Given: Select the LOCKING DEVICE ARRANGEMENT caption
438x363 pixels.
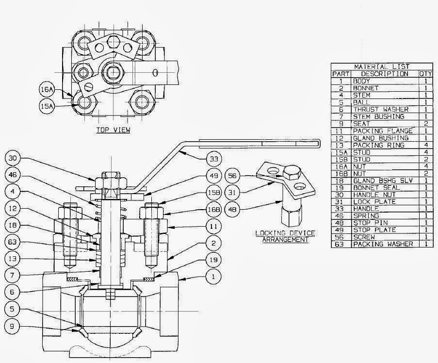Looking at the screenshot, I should (284, 236).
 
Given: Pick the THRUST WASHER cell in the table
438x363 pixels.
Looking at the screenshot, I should (381, 110).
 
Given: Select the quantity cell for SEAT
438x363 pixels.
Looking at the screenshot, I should (425, 124).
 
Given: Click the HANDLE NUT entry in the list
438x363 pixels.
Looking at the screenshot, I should (374, 195).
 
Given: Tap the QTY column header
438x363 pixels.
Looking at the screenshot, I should (425, 74).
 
